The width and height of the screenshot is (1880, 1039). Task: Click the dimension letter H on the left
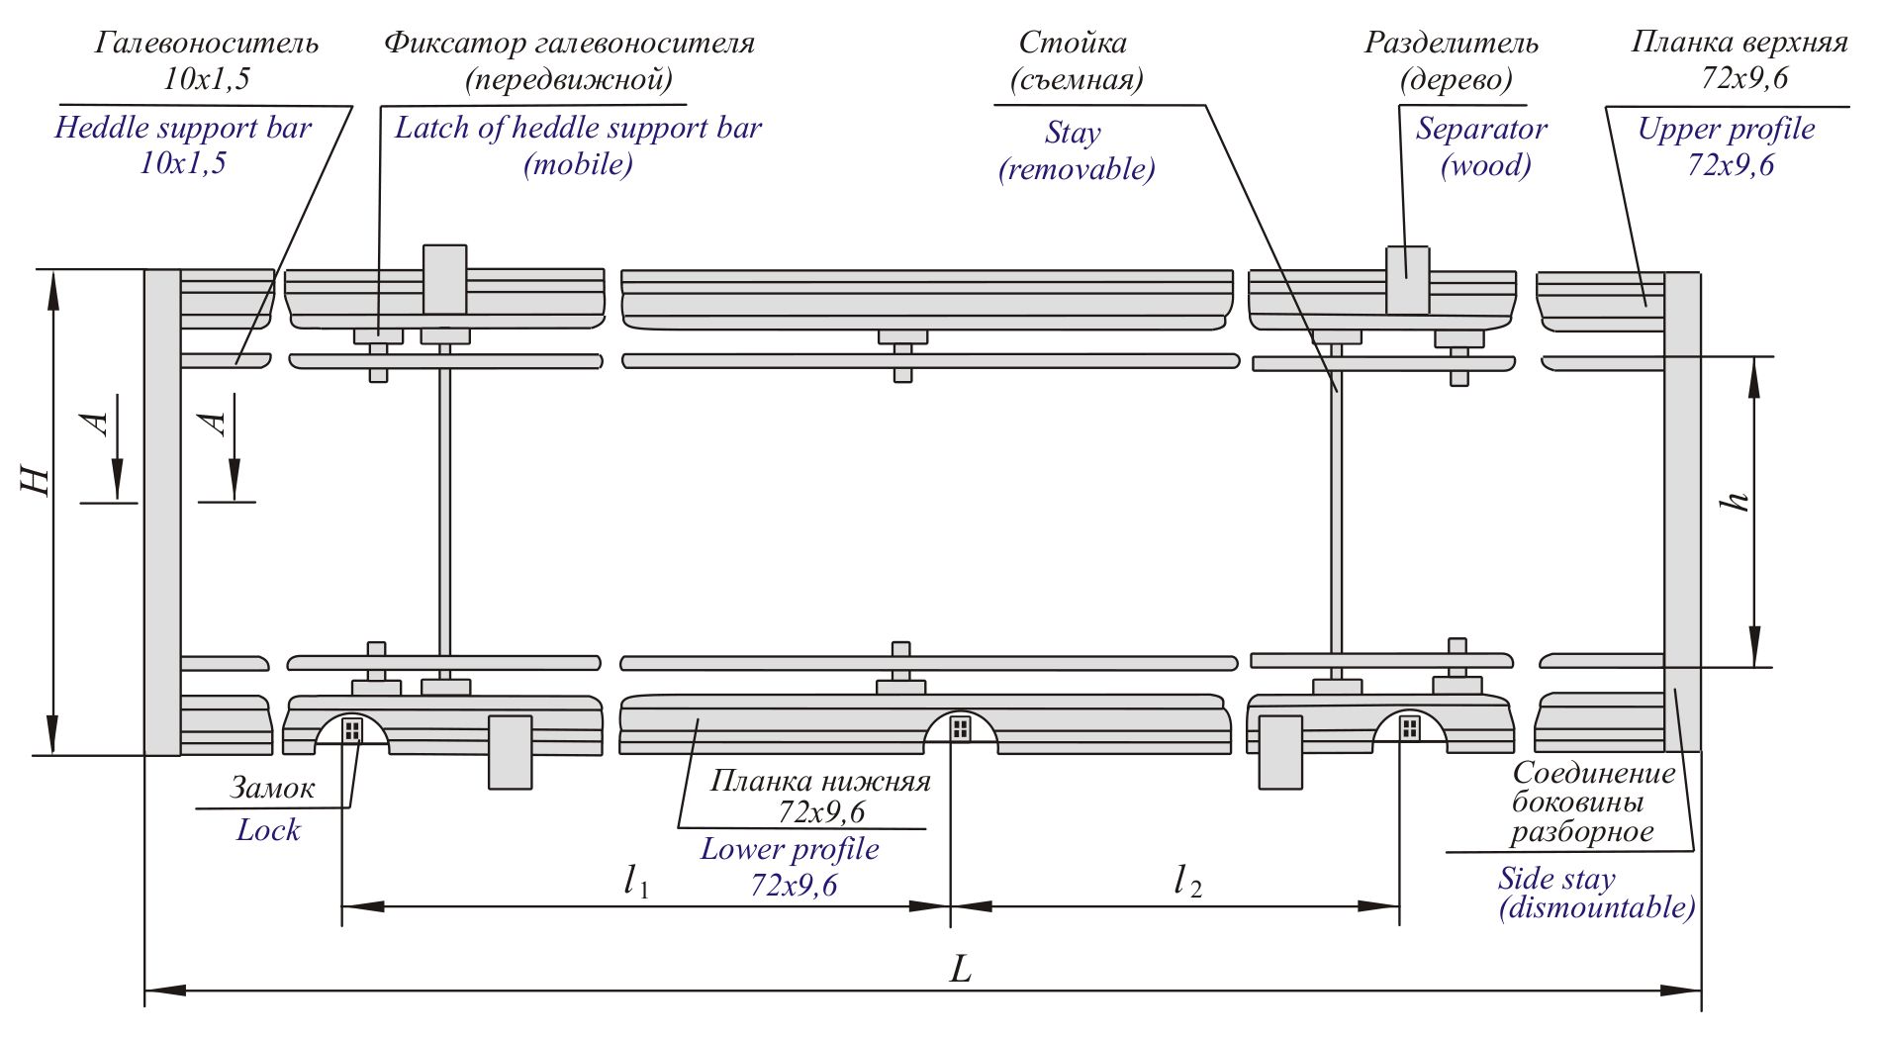coord(37,479)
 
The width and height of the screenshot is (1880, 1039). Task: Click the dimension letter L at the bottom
coord(961,969)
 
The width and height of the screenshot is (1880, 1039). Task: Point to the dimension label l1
coord(635,880)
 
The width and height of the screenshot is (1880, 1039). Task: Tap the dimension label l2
coord(1186,880)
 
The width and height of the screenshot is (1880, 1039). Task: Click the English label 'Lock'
coord(268,829)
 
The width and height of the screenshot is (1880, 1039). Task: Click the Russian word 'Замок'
coord(272,788)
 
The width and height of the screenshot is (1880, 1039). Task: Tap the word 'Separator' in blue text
coord(1480,130)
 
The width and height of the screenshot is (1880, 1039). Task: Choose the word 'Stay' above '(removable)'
coord(1073,133)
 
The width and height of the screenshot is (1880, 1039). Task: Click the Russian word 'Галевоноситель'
coord(207,44)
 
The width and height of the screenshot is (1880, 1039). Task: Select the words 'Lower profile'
coord(790,850)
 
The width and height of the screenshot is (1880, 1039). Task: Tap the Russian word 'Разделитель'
coord(1452,44)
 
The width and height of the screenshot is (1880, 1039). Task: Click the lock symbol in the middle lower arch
coord(960,729)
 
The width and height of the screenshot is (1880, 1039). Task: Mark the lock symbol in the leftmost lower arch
coord(351,730)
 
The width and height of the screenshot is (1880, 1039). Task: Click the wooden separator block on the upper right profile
coord(1406,280)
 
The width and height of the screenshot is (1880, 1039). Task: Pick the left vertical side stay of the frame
coord(162,512)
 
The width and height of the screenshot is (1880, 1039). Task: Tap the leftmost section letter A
coord(97,424)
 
